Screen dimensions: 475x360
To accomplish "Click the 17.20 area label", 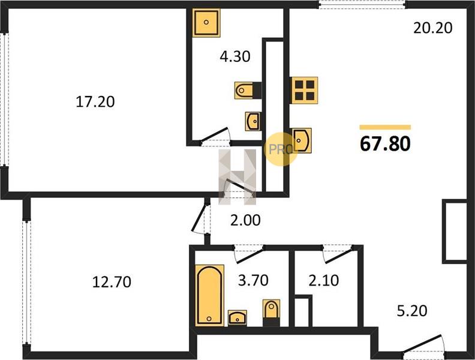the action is pos(95,101).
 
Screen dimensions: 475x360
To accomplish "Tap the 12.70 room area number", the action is pos(112,282).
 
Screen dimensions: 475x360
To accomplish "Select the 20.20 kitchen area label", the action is pos(433,28).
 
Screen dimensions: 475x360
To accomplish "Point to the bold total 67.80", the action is pos(385,143).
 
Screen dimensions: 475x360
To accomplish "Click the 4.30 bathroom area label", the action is pos(235,56).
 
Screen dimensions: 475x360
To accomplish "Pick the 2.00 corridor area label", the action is pos(245,220).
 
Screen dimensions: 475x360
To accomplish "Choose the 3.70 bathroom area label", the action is pos(253,280).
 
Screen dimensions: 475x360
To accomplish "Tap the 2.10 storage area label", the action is pos(323,280).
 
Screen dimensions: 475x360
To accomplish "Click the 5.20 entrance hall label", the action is pos(412,311).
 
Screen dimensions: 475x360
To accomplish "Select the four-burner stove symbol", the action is pos(304,91).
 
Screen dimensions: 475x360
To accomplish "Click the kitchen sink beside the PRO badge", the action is pos(301,140).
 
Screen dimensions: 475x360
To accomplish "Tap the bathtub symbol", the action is pos(210,295).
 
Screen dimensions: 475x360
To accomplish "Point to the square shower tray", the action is pos(206,22).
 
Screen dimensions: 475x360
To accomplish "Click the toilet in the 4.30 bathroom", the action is pos(248,91).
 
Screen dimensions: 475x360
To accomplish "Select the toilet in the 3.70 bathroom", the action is pos(272,313).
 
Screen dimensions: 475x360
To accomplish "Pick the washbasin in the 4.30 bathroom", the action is pos(252,121).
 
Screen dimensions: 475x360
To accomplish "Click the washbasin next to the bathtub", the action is pos(237,318).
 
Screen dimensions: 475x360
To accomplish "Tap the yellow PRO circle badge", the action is pos(281,149).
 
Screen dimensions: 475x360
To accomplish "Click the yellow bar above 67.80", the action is pos(385,127).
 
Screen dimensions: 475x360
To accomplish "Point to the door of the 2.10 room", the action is pos(338,254).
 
